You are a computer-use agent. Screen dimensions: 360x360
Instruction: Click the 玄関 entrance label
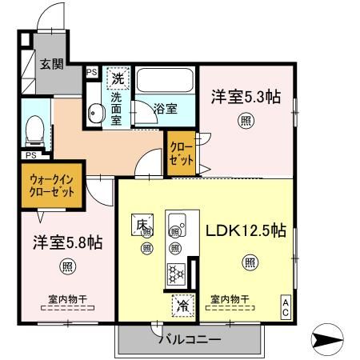click(x=53, y=65)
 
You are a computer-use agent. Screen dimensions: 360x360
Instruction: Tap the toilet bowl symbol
click(x=35, y=128)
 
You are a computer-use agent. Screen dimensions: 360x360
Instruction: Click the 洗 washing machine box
click(x=118, y=79)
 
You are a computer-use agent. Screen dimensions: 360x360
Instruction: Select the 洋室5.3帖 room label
click(x=246, y=97)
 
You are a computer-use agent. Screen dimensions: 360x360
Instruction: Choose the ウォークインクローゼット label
click(x=51, y=186)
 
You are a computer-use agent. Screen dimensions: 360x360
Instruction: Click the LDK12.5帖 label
click(x=246, y=230)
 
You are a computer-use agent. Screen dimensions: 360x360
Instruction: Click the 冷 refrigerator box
click(x=182, y=304)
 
